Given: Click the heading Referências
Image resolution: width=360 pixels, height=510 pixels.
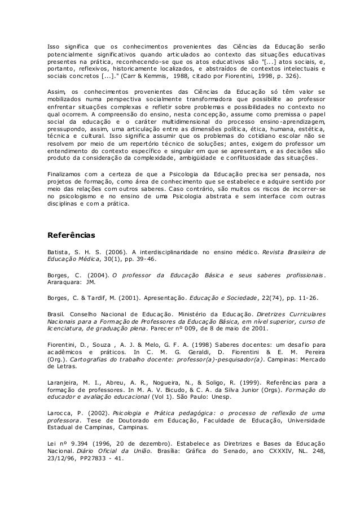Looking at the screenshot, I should coord(72,233).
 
